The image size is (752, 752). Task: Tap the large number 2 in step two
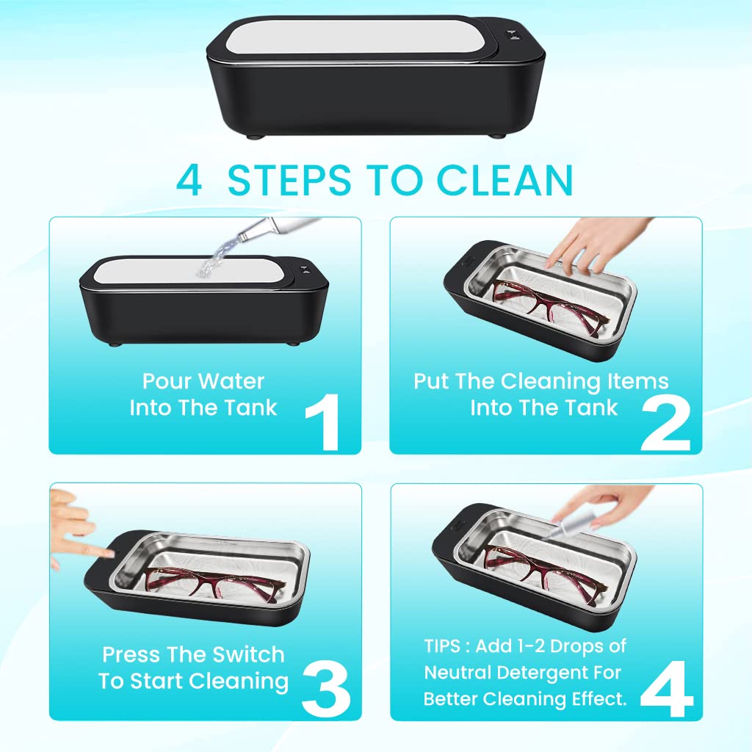(665, 424)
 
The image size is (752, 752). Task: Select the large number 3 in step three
(326, 689)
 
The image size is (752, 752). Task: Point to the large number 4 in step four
(667, 689)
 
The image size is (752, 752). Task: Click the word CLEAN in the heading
(505, 180)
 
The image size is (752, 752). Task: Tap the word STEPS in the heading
(289, 180)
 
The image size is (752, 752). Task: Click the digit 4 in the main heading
(189, 180)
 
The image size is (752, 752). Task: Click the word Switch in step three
(248, 654)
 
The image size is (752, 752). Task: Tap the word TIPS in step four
(442, 646)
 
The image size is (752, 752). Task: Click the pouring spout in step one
(278, 227)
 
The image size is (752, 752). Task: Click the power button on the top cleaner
(511, 36)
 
